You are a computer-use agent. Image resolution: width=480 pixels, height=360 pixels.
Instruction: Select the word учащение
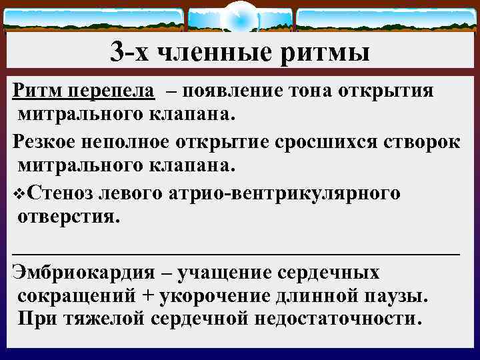(223, 273)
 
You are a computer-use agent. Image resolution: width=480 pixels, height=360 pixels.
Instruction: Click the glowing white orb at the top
(240, 17)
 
